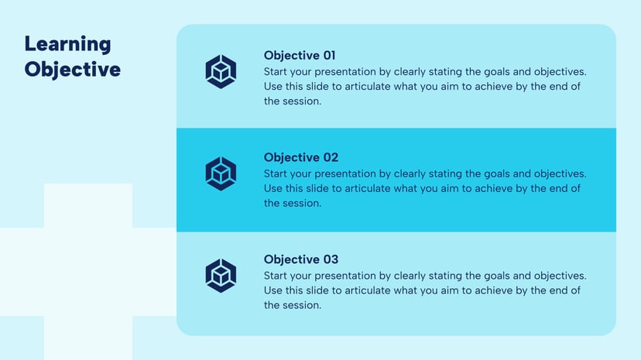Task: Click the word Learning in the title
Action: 67,44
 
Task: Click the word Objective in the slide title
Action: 72,70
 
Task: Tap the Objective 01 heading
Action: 300,56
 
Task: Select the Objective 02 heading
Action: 300,158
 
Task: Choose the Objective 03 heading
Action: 300,260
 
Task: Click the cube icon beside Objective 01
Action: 221,71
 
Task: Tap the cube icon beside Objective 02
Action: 221,173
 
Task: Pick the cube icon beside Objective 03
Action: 221,276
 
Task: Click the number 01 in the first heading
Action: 329,56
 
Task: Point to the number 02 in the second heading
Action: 329,158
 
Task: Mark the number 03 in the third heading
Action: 329,260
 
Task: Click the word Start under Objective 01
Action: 276,71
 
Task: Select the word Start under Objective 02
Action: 276,173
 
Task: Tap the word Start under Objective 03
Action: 276,276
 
